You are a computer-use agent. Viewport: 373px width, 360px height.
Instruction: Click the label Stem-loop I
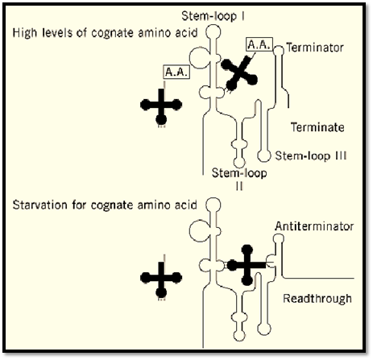tap(213, 16)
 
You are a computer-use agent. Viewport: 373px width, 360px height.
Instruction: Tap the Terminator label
tap(315, 48)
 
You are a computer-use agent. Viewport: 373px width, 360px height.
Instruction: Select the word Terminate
tap(317, 127)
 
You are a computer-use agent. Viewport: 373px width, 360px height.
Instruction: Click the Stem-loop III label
tap(311, 155)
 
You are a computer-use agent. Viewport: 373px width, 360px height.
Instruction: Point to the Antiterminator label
tap(314, 226)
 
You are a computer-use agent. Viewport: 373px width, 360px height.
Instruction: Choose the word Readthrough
tap(317, 299)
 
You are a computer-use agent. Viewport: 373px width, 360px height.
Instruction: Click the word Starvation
tap(40, 205)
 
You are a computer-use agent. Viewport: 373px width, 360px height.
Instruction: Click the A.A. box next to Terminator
tap(259, 44)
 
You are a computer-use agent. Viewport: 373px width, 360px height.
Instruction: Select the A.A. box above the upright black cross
tap(176, 72)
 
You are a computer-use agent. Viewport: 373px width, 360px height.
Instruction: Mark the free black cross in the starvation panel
tap(161, 278)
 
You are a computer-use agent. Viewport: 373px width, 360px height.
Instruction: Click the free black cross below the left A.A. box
tap(161, 106)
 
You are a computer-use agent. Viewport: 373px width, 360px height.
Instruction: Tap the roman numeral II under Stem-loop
tap(239, 186)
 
